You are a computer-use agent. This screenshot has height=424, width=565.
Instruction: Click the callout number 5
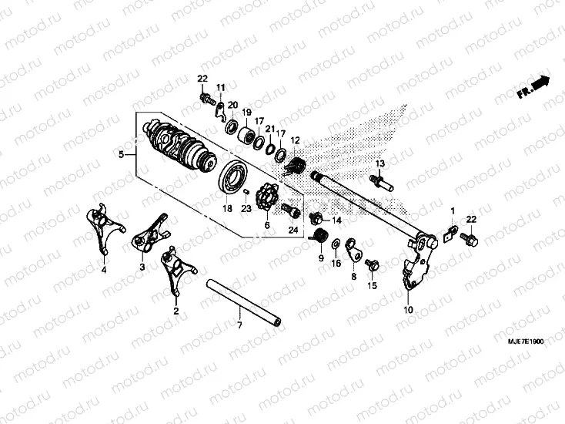coord(121,155)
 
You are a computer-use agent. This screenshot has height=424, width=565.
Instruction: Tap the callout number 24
coord(293,230)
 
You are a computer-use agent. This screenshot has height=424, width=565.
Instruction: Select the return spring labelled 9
coord(323,237)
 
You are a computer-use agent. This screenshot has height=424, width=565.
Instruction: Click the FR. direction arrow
coord(533,86)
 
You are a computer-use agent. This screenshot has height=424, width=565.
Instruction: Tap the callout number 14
coord(336,220)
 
